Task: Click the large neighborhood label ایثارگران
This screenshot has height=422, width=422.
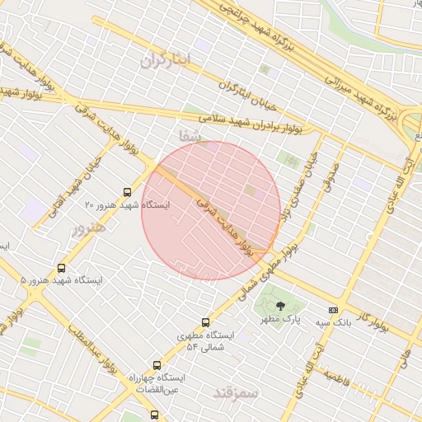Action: [x=165, y=59]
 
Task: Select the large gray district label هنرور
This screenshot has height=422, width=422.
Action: [x=89, y=228]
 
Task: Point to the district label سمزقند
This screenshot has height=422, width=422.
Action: [x=236, y=393]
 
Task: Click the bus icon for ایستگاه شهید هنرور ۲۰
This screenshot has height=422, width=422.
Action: [x=126, y=190]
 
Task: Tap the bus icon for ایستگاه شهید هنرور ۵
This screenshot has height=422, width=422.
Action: [x=62, y=268]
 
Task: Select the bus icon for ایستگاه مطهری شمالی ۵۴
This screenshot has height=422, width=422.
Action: [x=205, y=322]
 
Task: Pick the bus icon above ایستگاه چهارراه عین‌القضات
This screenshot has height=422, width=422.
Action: [x=157, y=365]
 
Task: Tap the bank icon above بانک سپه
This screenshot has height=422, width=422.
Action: [x=333, y=310]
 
